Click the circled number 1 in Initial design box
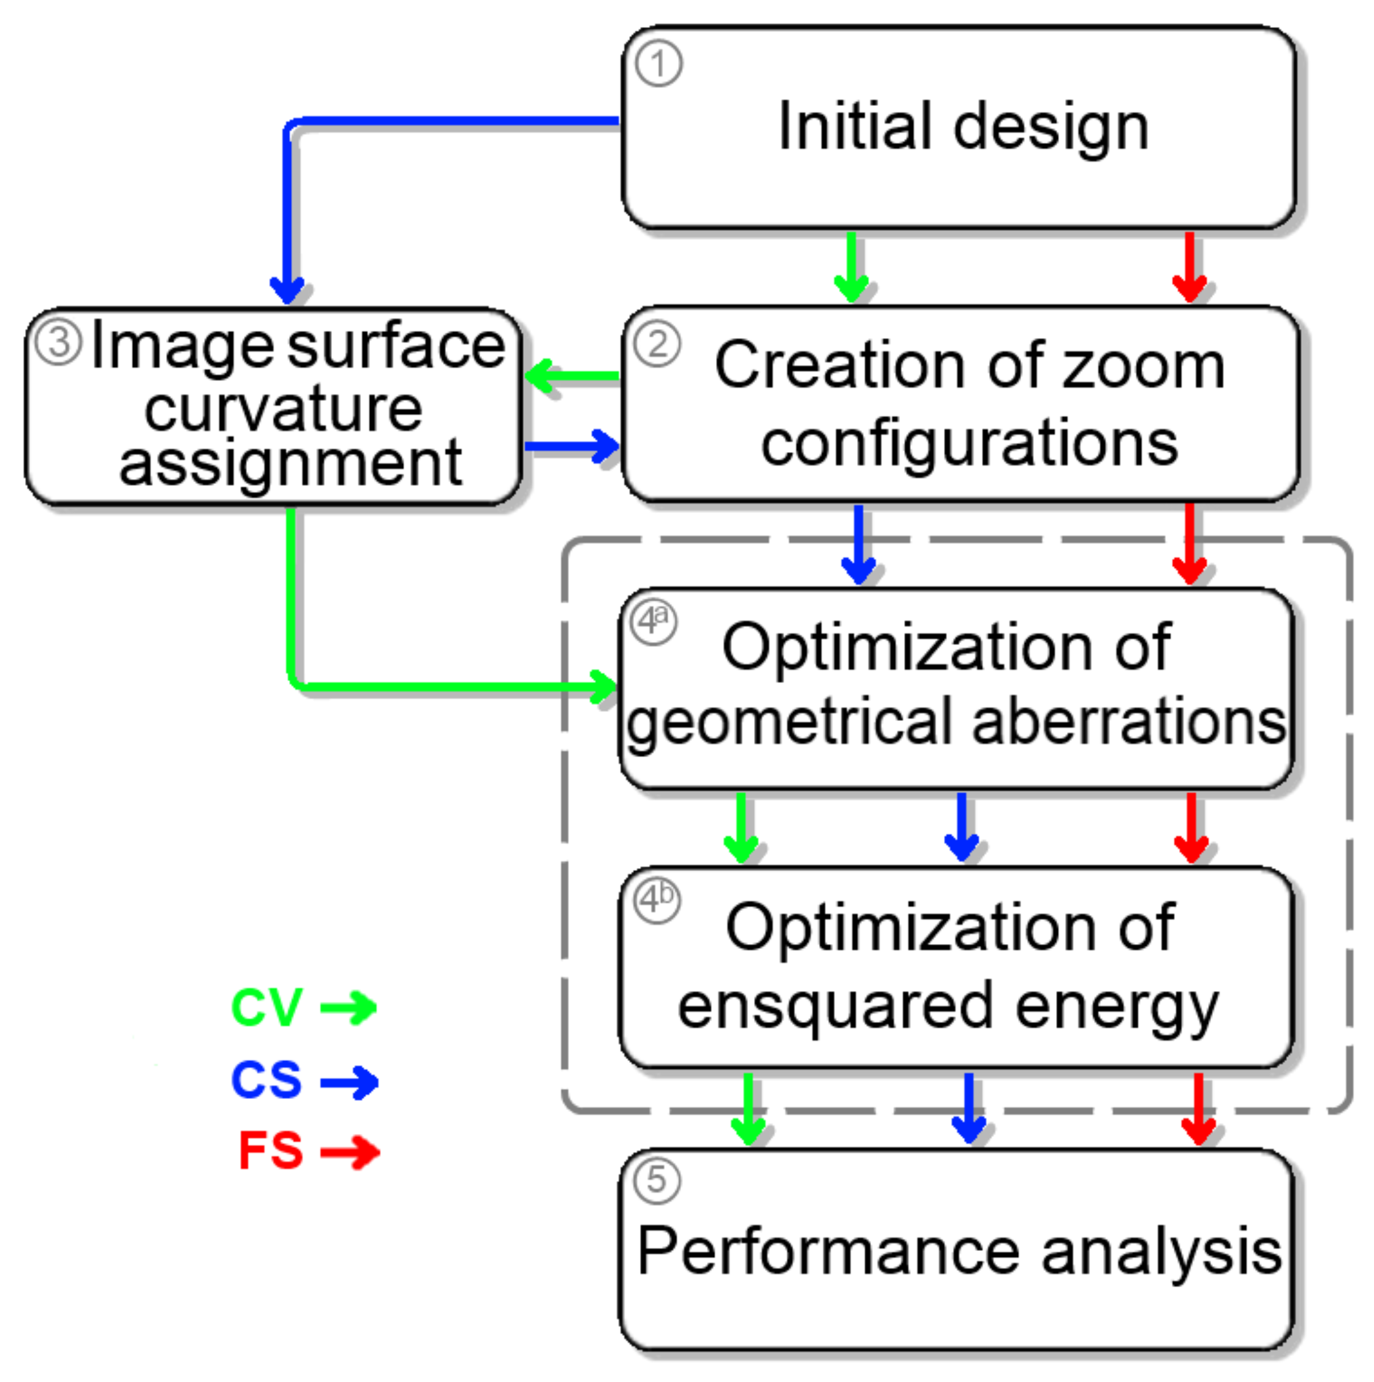[657, 64]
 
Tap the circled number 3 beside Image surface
[59, 342]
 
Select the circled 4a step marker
[653, 619]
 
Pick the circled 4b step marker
[657, 899]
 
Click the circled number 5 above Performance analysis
[657, 1180]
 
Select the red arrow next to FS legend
[350, 1152]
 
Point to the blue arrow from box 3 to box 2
[572, 447]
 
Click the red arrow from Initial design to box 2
[1189, 266]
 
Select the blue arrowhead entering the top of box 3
[287, 289]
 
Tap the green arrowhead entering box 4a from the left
[602, 687]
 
